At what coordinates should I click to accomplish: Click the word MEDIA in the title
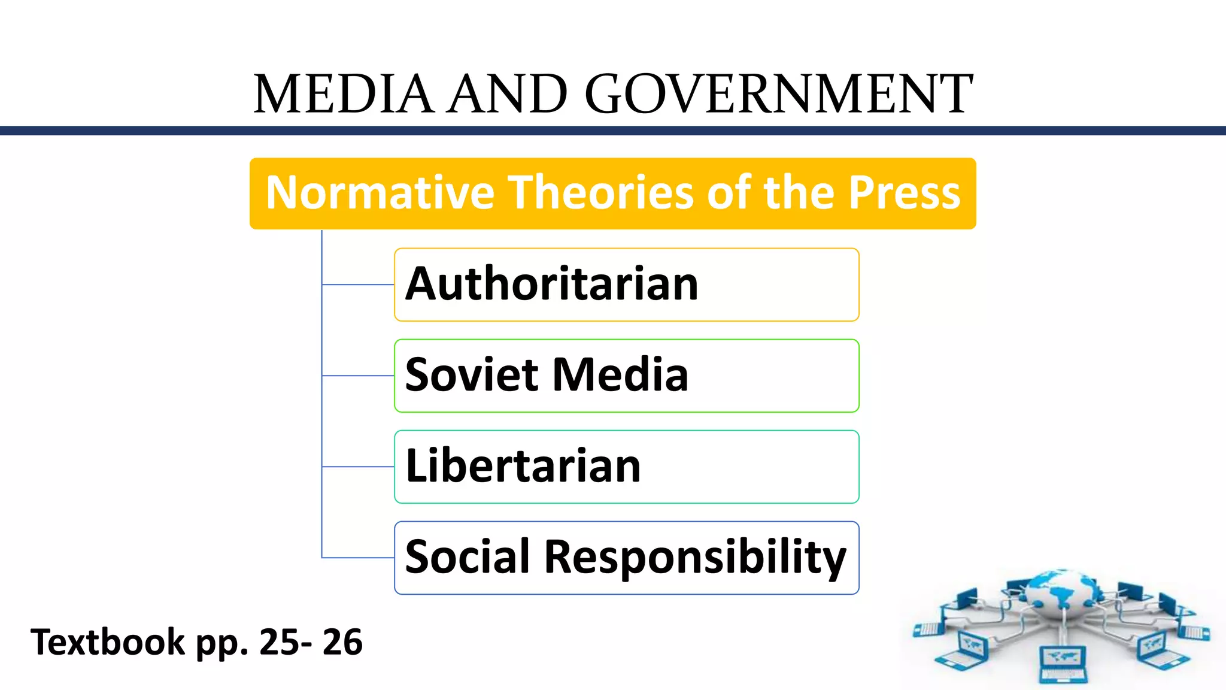[343, 94]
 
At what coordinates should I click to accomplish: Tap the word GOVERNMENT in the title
[778, 94]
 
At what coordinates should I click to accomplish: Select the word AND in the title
[508, 94]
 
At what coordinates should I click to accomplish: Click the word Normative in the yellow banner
[380, 193]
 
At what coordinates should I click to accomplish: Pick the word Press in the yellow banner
[905, 193]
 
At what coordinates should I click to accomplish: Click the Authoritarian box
[626, 285]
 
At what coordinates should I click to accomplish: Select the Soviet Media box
[626, 376]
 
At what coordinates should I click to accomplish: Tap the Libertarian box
[626, 467]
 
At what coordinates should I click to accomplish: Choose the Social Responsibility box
[626, 558]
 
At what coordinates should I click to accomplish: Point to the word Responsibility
[696, 558]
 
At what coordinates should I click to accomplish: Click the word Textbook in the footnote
[108, 642]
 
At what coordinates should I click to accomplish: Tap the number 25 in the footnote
[279, 642]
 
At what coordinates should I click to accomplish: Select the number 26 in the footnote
[342, 642]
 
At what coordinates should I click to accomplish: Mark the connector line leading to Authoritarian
[358, 285]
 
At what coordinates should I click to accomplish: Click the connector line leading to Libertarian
[358, 467]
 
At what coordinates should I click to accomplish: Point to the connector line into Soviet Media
[358, 376]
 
